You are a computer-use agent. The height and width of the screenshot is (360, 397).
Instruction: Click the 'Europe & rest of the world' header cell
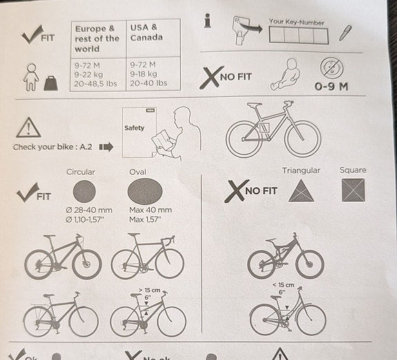[97, 39]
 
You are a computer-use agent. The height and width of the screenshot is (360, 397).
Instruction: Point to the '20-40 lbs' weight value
[148, 83]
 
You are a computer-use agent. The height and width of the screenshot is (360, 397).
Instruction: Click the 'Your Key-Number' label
[296, 22]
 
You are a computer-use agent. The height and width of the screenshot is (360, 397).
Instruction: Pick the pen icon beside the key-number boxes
[345, 33]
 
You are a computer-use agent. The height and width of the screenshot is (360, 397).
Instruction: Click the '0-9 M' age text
[331, 86]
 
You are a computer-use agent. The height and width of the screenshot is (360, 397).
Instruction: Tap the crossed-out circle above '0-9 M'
[331, 68]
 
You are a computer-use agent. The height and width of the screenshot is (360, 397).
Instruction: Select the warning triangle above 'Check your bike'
[28, 128]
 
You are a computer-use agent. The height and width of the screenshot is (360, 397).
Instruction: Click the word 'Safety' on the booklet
[134, 128]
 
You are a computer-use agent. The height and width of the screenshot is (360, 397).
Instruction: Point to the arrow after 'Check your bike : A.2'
[106, 146]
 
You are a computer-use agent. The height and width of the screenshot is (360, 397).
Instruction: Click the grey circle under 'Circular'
[84, 191]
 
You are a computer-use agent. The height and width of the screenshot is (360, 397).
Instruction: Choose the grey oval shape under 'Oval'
[145, 191]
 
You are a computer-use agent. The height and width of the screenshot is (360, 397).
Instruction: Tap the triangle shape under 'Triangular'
[301, 191]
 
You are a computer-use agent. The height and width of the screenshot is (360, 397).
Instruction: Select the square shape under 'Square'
[354, 190]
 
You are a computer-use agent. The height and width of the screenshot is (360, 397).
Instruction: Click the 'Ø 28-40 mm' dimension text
[89, 210]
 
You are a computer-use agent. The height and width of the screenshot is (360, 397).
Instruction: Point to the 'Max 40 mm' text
[151, 210]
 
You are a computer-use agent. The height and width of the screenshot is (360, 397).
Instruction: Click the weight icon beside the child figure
[51, 84]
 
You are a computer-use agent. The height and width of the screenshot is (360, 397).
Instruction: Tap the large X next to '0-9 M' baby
[211, 77]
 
